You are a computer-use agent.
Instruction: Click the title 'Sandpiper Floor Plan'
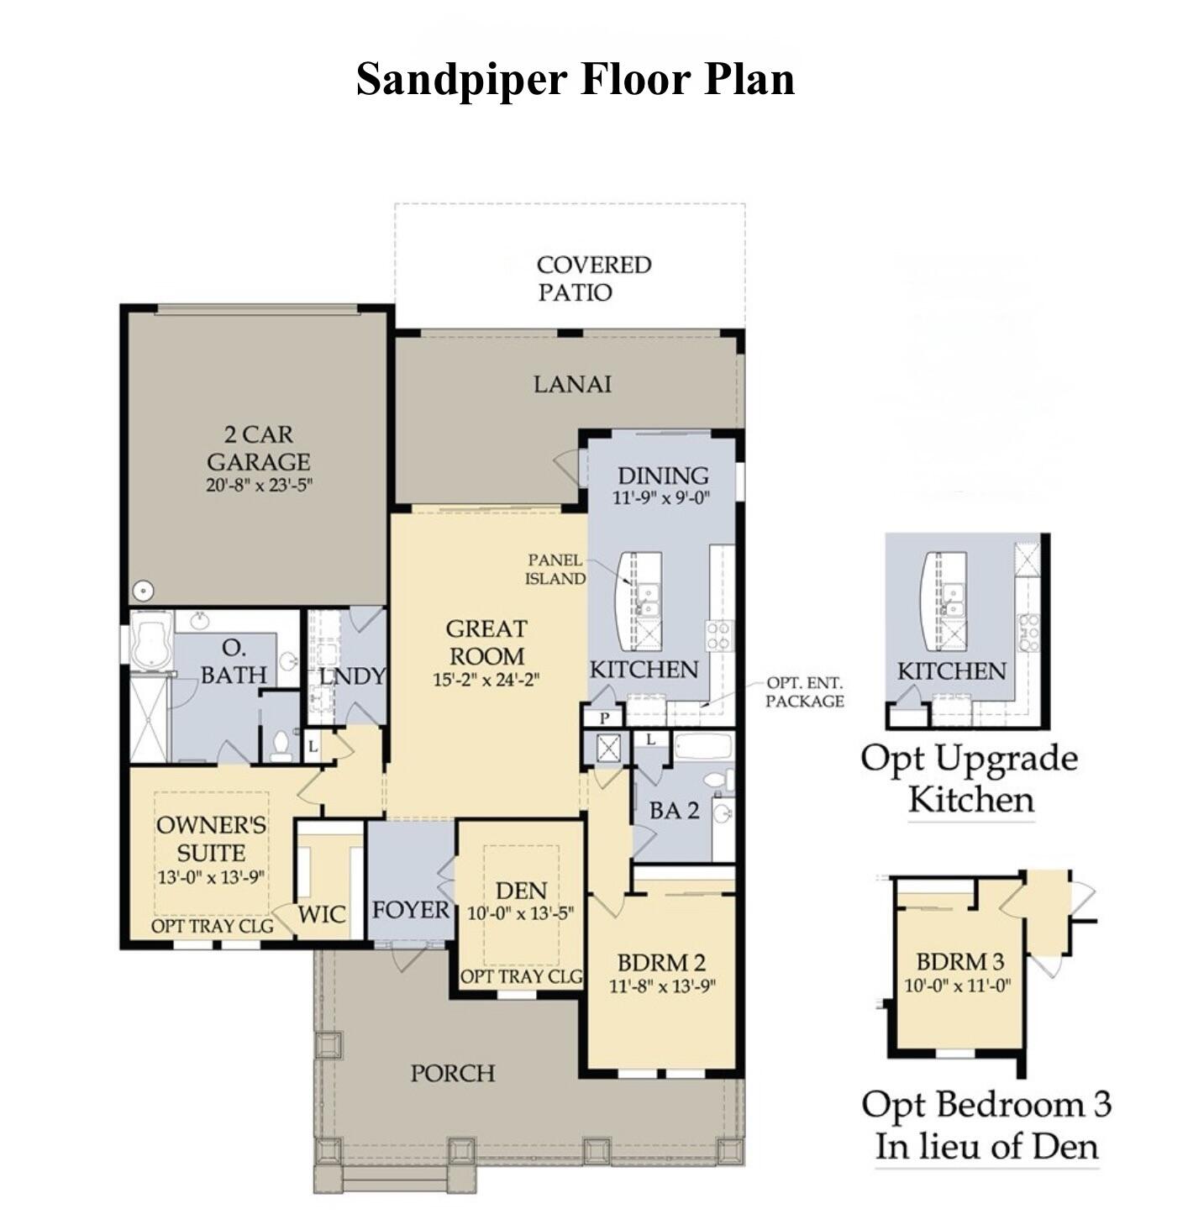click(x=576, y=80)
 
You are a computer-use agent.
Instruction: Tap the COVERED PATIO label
click(x=593, y=278)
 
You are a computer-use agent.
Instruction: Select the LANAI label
click(x=572, y=384)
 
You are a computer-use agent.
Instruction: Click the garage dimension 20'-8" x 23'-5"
click(x=259, y=485)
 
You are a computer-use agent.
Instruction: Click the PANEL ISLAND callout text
click(x=555, y=569)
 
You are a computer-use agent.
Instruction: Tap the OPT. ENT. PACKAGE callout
click(x=804, y=692)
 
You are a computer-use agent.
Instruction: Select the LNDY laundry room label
click(x=352, y=676)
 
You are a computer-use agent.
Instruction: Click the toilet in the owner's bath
click(x=281, y=744)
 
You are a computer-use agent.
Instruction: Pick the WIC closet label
click(x=322, y=914)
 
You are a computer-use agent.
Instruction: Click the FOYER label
click(x=411, y=909)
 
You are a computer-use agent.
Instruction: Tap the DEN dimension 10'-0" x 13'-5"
click(x=520, y=913)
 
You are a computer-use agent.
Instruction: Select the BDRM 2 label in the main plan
click(x=661, y=962)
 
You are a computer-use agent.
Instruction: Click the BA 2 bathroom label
click(x=674, y=811)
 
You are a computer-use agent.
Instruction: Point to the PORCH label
click(x=453, y=1073)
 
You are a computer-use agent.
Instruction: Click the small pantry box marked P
click(x=604, y=718)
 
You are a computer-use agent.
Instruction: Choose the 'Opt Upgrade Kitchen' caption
click(x=970, y=778)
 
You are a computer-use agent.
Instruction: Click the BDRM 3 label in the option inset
click(x=959, y=961)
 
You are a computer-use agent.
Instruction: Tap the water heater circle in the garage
click(x=143, y=591)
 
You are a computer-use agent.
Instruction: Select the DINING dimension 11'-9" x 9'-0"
click(x=661, y=497)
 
